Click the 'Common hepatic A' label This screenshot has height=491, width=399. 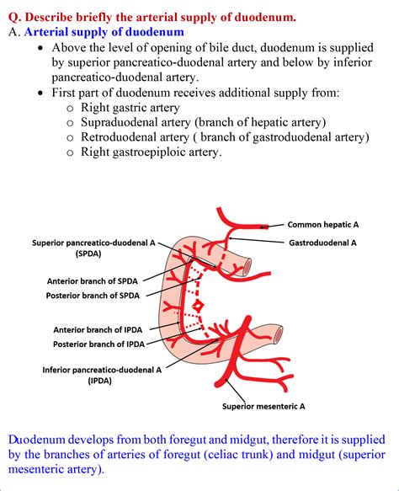(x=323, y=225)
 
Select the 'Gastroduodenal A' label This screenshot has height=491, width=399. (x=323, y=243)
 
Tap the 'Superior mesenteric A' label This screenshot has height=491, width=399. (x=263, y=407)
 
